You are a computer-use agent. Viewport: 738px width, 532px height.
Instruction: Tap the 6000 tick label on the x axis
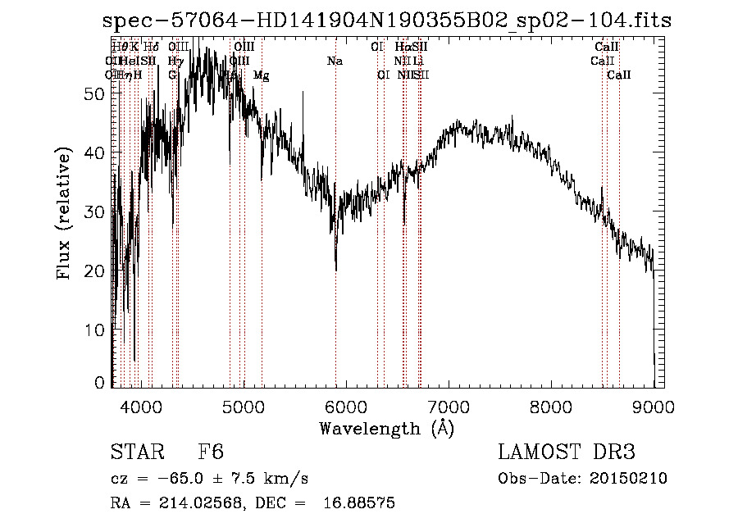tap(345, 405)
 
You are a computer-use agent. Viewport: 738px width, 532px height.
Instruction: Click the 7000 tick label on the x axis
tap(448, 405)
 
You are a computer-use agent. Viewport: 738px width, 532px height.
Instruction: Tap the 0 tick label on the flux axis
tap(101, 382)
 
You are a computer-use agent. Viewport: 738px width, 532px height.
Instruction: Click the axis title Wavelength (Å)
tap(386, 428)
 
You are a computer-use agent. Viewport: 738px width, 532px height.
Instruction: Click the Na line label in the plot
tap(335, 61)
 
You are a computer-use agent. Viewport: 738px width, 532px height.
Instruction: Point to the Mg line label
tap(261, 75)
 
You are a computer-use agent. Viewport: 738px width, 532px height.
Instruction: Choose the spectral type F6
tap(211, 452)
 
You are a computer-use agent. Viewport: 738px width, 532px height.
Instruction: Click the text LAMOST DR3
tap(567, 452)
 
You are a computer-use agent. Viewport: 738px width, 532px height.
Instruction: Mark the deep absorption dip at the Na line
tap(335, 266)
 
